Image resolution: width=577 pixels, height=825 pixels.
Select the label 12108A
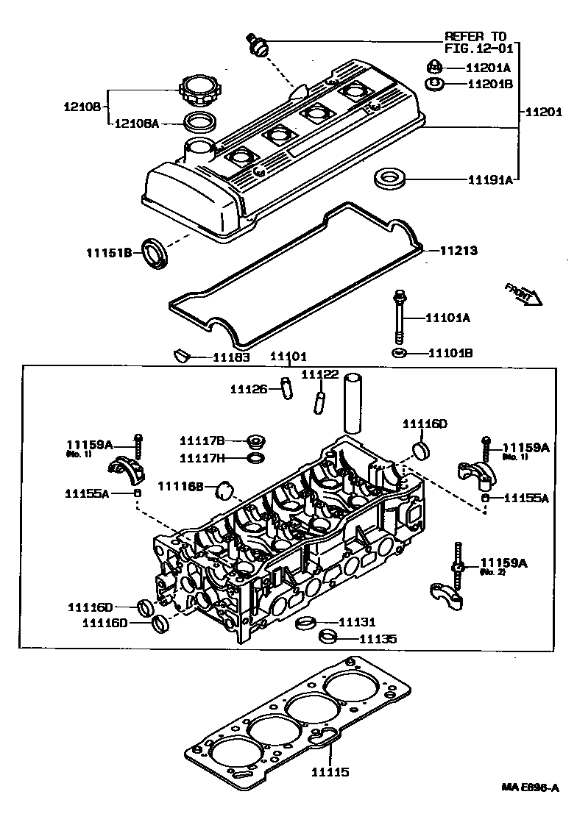[x=136, y=124]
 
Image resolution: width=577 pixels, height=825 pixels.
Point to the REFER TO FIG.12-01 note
[x=475, y=43]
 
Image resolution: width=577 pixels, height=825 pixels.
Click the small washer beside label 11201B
[x=435, y=83]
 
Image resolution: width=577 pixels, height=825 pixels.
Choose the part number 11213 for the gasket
[x=459, y=251]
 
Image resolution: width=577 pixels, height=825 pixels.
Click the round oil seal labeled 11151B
[x=155, y=253]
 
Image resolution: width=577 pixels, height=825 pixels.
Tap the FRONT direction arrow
[x=523, y=292]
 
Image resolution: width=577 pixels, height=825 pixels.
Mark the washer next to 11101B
[x=400, y=354]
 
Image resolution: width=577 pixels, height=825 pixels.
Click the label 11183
[x=231, y=357]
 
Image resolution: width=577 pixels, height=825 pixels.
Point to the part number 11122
[x=320, y=374]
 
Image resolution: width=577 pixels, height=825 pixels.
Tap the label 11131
[x=356, y=623]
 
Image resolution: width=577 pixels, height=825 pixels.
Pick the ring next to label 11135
[x=328, y=636]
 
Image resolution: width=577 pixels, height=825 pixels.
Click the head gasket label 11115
[x=329, y=772]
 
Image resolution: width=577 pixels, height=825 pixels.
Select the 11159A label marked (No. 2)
[x=504, y=563]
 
